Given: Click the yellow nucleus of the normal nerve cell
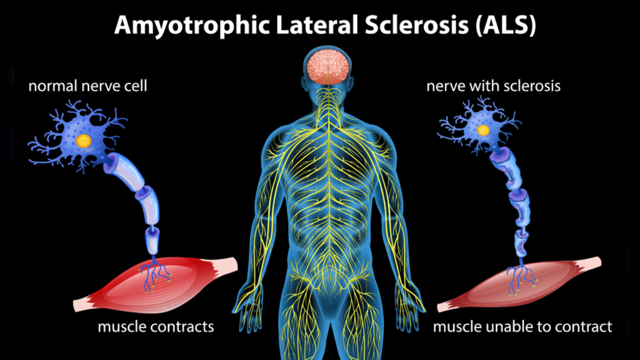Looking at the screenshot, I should [83, 141].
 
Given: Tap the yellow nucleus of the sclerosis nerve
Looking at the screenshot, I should [483, 130].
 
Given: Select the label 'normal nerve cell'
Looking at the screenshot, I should [87, 86].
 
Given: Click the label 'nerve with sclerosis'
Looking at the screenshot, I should [493, 86].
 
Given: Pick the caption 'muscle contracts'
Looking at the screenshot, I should [156, 326].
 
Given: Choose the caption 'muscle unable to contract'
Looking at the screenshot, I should [522, 326].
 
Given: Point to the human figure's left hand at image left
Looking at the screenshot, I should [246, 304].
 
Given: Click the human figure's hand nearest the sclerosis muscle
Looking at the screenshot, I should [410, 304].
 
